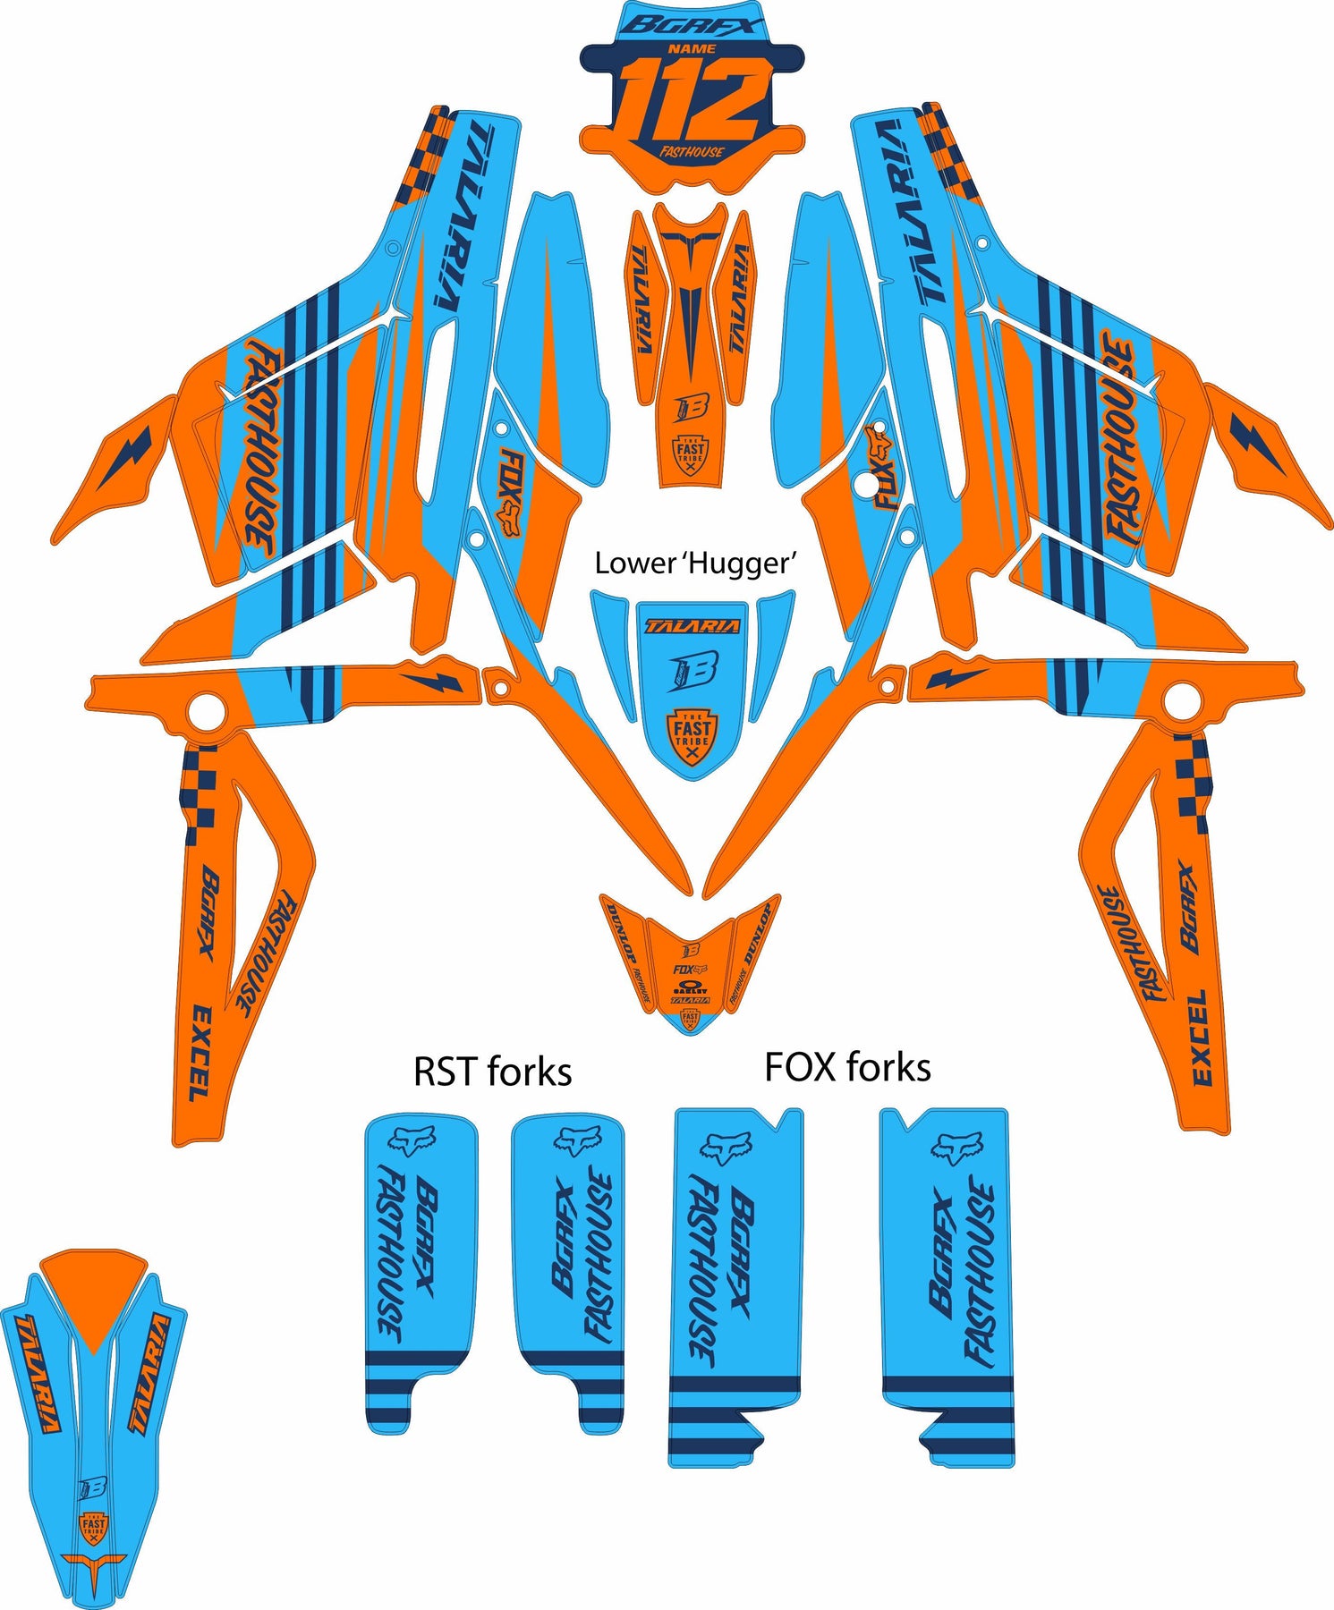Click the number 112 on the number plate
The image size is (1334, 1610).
tap(691, 100)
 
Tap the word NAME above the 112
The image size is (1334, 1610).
tap(692, 48)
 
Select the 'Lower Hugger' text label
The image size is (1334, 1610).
tap(695, 563)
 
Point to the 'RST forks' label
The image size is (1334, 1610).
tap(492, 1071)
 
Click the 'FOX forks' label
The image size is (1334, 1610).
tap(847, 1067)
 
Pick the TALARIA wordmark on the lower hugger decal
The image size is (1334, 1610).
tap(692, 626)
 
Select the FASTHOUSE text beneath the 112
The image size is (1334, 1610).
tap(692, 152)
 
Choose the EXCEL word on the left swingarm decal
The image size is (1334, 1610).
tap(201, 1052)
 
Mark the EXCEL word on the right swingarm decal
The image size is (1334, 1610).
tap(1201, 1037)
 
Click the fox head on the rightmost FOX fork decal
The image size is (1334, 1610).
tap(956, 1146)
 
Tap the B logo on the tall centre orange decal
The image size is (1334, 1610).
tap(691, 407)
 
